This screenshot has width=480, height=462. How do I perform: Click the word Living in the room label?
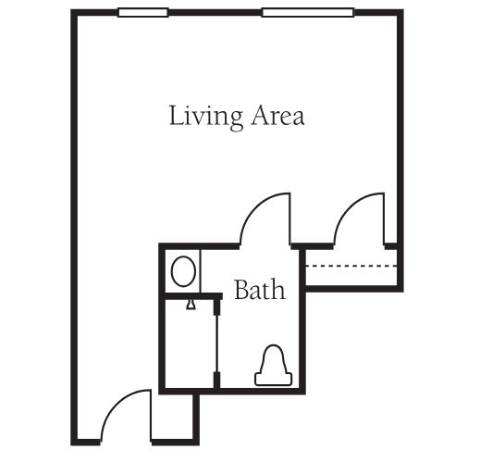(205, 119)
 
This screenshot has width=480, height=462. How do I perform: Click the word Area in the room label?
(277, 116)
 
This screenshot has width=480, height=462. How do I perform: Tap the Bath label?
(260, 290)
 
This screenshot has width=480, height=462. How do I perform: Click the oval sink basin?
(183, 271)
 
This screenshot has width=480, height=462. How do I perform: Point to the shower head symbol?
(191, 305)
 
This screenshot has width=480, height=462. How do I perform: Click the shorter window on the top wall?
(143, 12)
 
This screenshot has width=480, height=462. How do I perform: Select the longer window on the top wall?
(308, 12)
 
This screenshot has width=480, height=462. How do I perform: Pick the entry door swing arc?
(115, 403)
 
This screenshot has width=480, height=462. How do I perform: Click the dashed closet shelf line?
(351, 266)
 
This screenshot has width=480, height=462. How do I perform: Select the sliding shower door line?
(217, 343)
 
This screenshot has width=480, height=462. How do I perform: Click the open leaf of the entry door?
(151, 415)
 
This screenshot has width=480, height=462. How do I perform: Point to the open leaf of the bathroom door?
(290, 219)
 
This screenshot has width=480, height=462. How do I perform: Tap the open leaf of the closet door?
(384, 219)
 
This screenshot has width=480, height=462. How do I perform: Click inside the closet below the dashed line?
(351, 277)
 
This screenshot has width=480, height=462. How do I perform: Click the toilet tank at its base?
(273, 380)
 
